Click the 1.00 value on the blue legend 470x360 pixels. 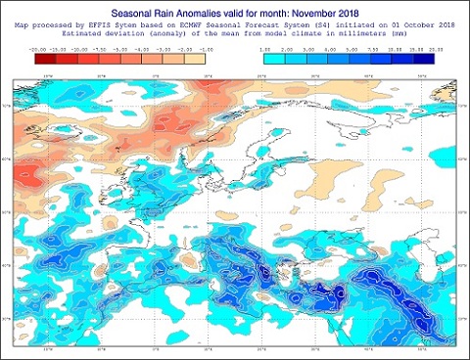(263, 47)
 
